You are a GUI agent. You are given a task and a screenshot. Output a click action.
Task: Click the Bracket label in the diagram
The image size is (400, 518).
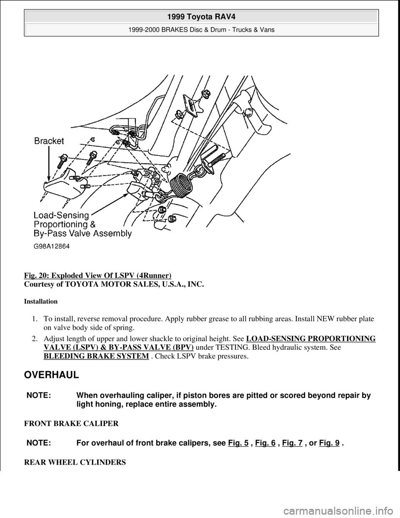pos(49,141)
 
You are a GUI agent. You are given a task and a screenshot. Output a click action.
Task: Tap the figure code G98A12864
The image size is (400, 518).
pos(52,246)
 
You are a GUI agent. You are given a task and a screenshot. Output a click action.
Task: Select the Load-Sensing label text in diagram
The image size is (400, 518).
pos(62,215)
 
